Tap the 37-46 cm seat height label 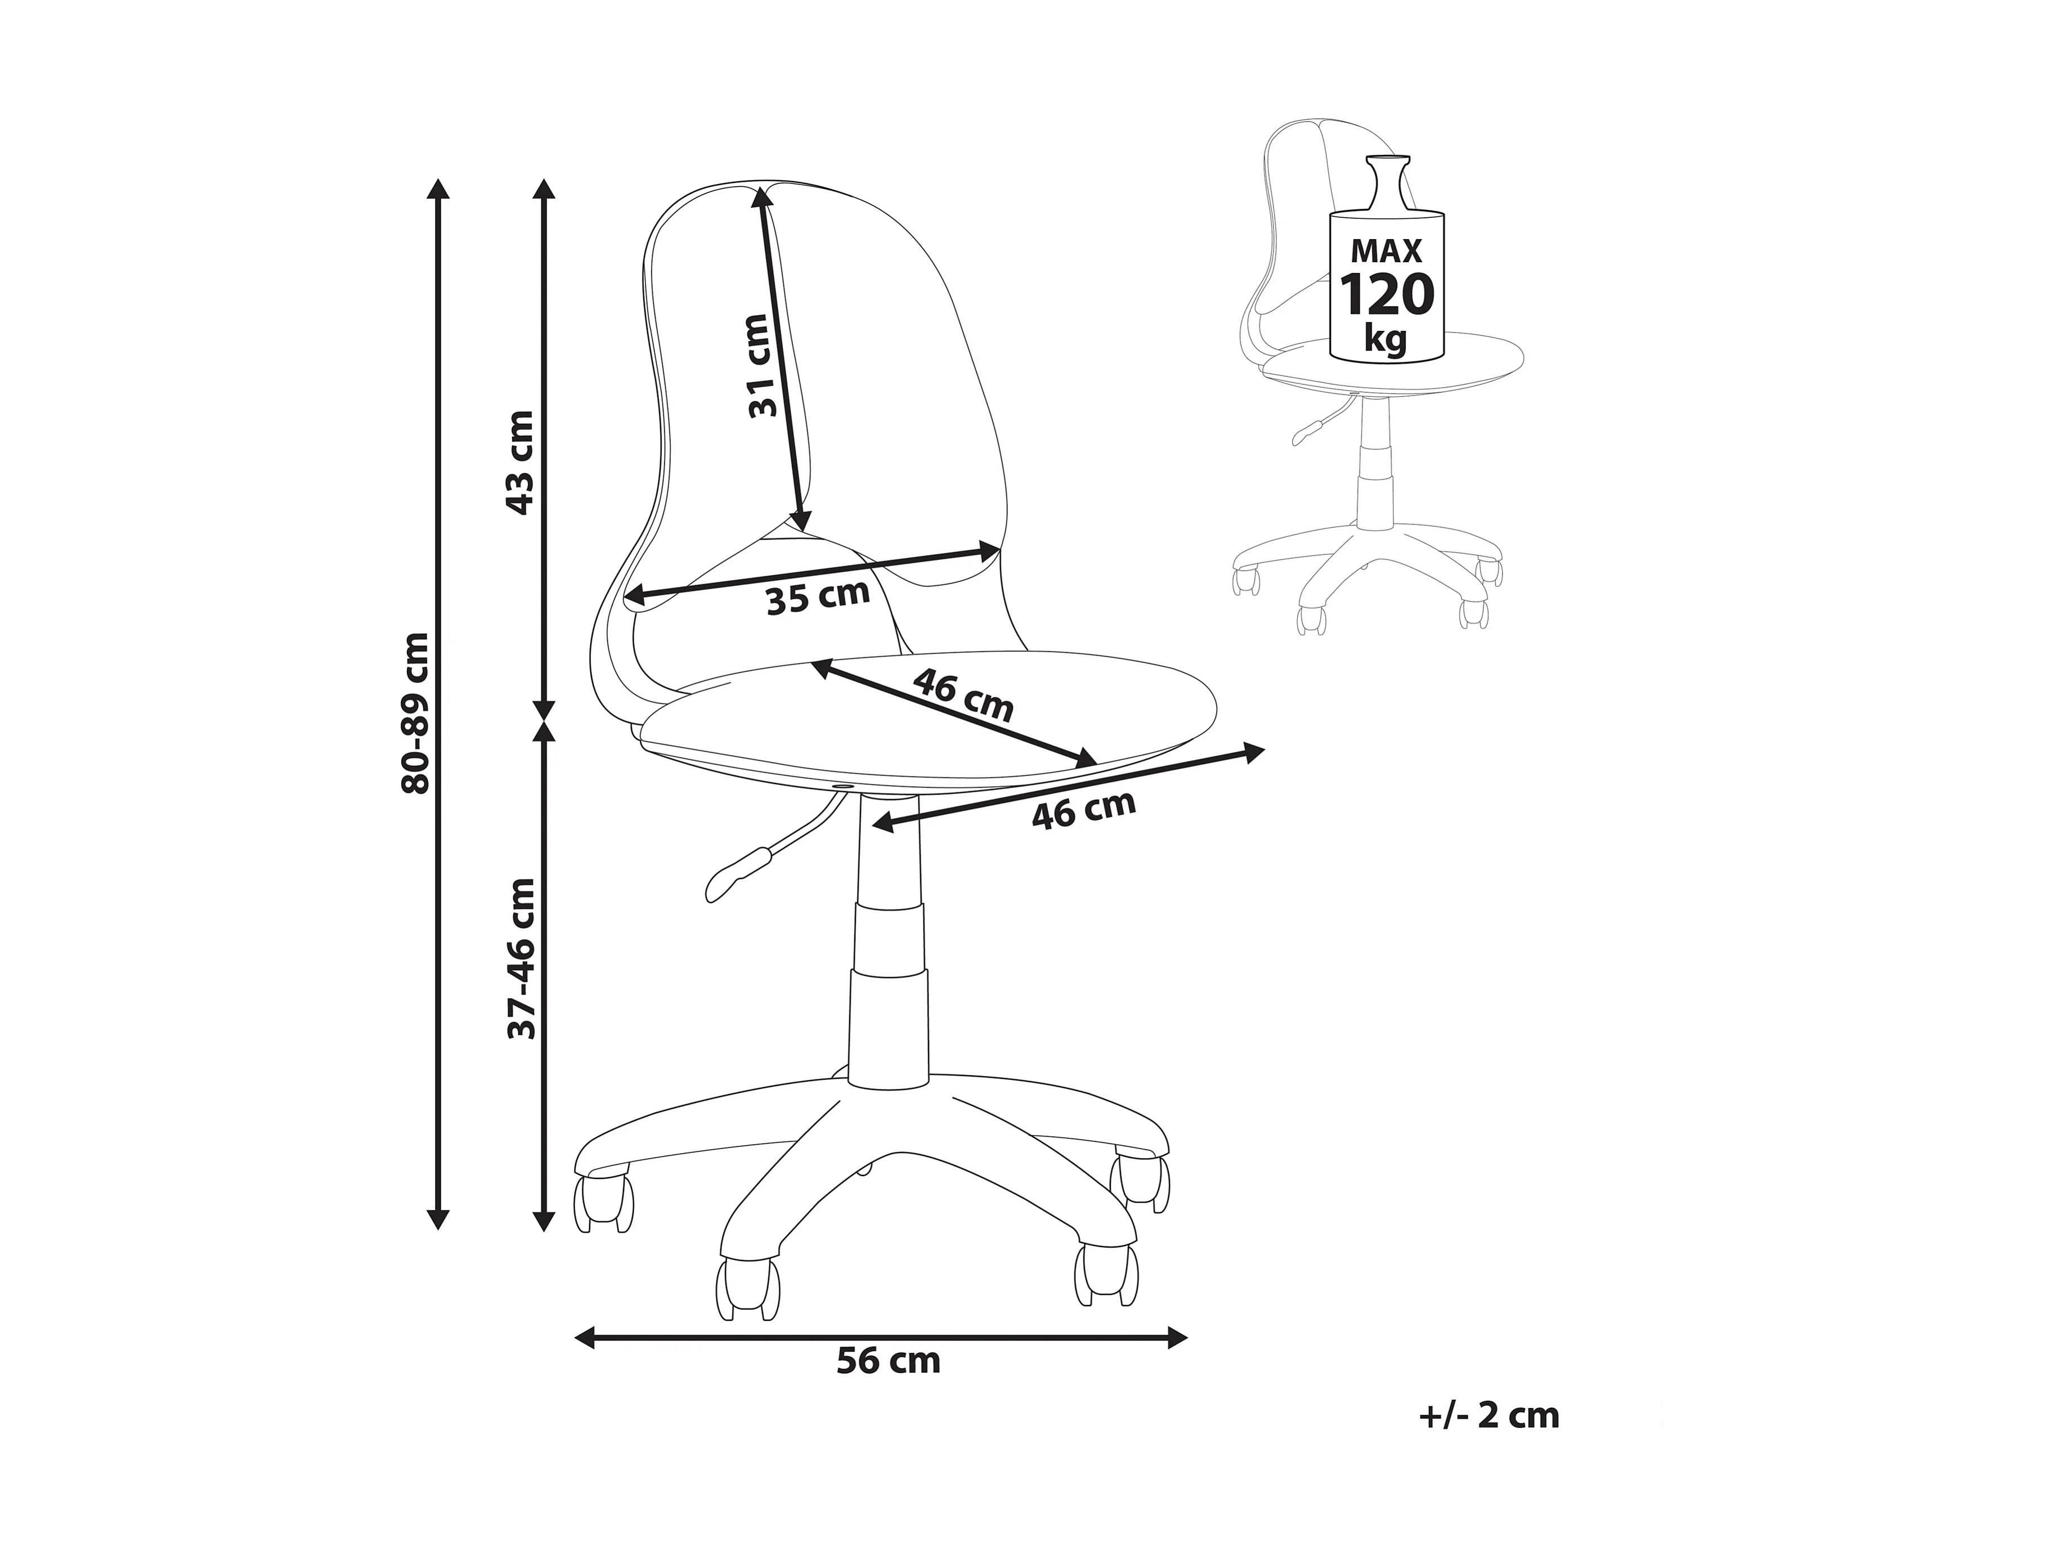coord(521,958)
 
